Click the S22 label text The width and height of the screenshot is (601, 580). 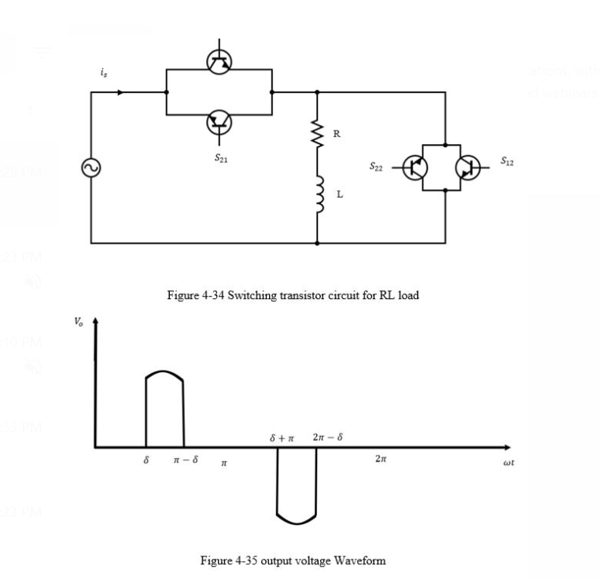(378, 167)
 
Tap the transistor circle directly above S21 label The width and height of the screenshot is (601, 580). (219, 122)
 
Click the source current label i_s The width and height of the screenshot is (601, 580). (105, 72)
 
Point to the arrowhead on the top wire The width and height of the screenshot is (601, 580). (120, 92)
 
